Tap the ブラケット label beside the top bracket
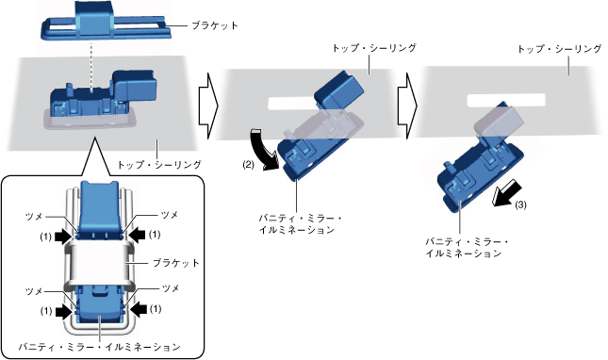click(215, 26)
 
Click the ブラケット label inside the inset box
click(175, 263)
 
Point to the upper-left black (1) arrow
click(63, 236)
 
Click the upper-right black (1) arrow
click(137, 235)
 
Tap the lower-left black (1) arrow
click(63, 311)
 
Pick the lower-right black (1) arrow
click(138, 309)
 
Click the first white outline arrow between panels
click(208, 106)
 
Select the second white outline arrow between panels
click(407, 106)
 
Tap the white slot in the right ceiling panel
click(506, 100)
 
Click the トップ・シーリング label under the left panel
click(159, 165)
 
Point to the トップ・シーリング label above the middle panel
click(374, 48)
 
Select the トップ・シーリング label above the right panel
click(560, 49)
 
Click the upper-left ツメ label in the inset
click(34, 217)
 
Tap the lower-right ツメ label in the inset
click(171, 288)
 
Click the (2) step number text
click(248, 164)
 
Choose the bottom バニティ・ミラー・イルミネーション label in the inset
click(100, 347)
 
